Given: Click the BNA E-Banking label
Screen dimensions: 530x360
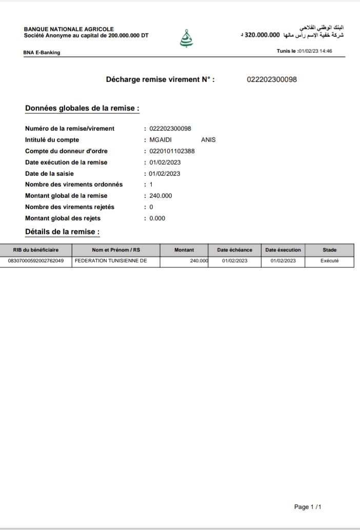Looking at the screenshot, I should click(42, 52).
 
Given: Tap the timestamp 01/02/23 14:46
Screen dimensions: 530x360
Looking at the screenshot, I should click(315, 51).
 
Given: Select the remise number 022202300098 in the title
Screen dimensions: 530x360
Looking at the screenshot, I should click(272, 79).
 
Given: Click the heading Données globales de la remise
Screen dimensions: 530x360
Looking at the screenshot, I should click(82, 109).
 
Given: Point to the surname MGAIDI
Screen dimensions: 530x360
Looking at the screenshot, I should click(161, 140).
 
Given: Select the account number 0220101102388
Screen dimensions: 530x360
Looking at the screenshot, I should click(172, 151).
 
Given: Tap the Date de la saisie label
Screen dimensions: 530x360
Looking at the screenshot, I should click(49, 174).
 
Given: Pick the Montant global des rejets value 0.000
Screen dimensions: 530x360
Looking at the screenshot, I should click(157, 218).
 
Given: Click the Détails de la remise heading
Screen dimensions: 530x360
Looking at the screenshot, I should click(62, 232).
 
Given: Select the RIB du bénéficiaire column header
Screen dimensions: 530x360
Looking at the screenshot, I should click(36, 250).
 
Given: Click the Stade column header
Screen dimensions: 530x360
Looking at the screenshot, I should click(329, 250).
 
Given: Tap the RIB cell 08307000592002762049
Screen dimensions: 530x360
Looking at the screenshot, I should click(36, 261).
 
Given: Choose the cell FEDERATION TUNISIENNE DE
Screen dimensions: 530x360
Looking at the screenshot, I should click(111, 261).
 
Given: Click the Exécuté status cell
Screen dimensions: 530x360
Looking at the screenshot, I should click(329, 261).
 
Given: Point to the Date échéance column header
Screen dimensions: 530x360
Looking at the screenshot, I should click(234, 250).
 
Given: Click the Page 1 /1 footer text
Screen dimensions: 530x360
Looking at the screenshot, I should click(308, 507).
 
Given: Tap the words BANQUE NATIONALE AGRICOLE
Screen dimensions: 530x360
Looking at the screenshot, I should click(69, 30).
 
